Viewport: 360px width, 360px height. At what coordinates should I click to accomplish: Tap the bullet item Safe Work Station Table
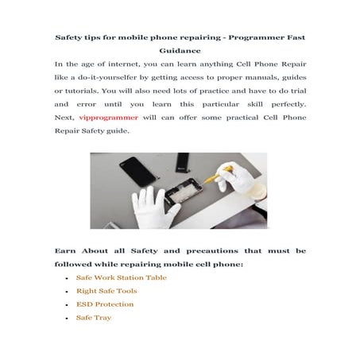click(x=121, y=277)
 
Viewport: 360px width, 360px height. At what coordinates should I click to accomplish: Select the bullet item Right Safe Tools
click(x=106, y=291)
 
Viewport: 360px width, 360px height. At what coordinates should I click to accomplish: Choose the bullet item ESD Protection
click(x=105, y=304)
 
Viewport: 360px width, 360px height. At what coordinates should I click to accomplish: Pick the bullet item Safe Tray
click(x=93, y=318)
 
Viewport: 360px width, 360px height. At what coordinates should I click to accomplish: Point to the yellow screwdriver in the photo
click(x=214, y=176)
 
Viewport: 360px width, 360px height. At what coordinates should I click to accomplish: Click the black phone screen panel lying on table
click(x=133, y=169)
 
